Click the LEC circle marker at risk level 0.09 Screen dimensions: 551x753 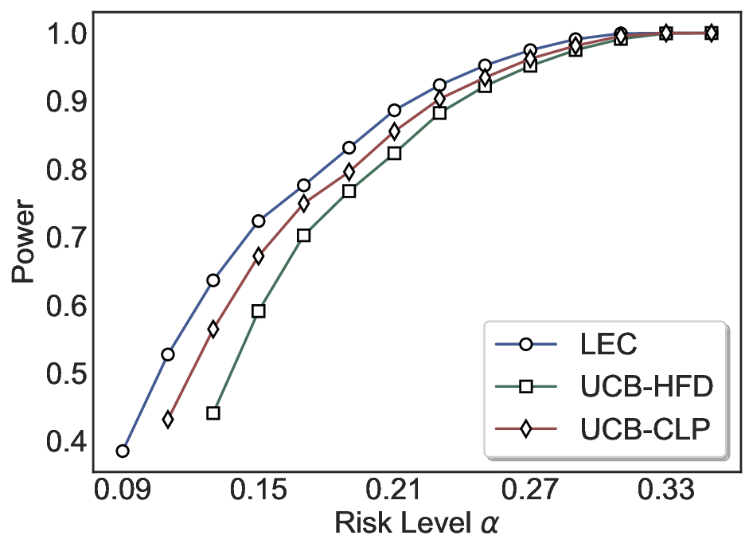click(123, 451)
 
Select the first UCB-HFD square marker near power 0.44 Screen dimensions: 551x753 click(213, 413)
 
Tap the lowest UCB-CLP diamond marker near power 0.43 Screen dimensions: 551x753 click(168, 420)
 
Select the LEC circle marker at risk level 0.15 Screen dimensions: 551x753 click(258, 221)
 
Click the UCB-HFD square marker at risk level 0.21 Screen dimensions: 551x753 click(394, 154)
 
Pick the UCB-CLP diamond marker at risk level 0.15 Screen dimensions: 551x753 click(258, 256)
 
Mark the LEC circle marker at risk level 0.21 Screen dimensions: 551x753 click(394, 111)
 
